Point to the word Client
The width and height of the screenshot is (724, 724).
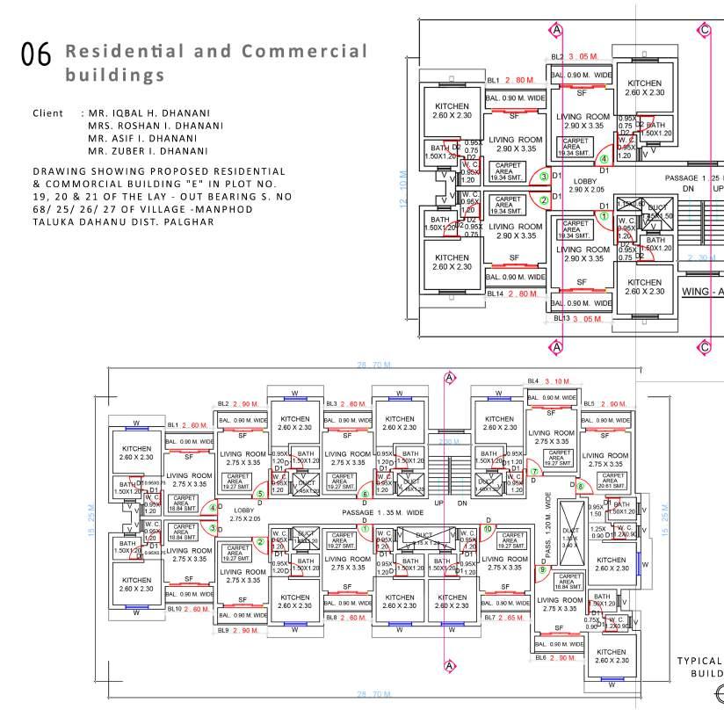[x=47, y=113]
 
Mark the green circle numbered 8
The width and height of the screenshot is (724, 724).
[x=580, y=486]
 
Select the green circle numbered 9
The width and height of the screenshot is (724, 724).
[x=542, y=569]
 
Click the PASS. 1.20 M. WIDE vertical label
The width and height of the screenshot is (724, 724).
[x=549, y=526]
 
